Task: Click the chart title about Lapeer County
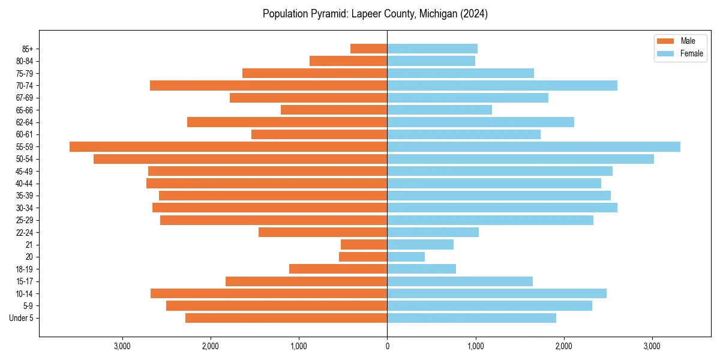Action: [x=375, y=14]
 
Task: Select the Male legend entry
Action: [x=688, y=41]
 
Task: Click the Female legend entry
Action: [x=691, y=53]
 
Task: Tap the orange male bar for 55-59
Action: [x=228, y=147]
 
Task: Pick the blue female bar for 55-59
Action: [x=533, y=147]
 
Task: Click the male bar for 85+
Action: [x=368, y=49]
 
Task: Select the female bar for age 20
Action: [x=406, y=257]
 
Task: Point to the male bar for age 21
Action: [x=364, y=245]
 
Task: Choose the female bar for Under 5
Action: [x=472, y=318]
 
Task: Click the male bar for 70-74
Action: [x=268, y=86]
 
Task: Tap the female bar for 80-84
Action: [x=431, y=61]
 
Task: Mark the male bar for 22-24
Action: [x=323, y=232]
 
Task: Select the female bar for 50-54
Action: [x=520, y=159]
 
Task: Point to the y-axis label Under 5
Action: [x=21, y=318]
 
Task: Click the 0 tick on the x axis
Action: [x=387, y=346]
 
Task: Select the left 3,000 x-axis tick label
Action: [x=122, y=346]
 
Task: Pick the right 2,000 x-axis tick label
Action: [x=563, y=346]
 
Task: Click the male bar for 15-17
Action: [x=306, y=281]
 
